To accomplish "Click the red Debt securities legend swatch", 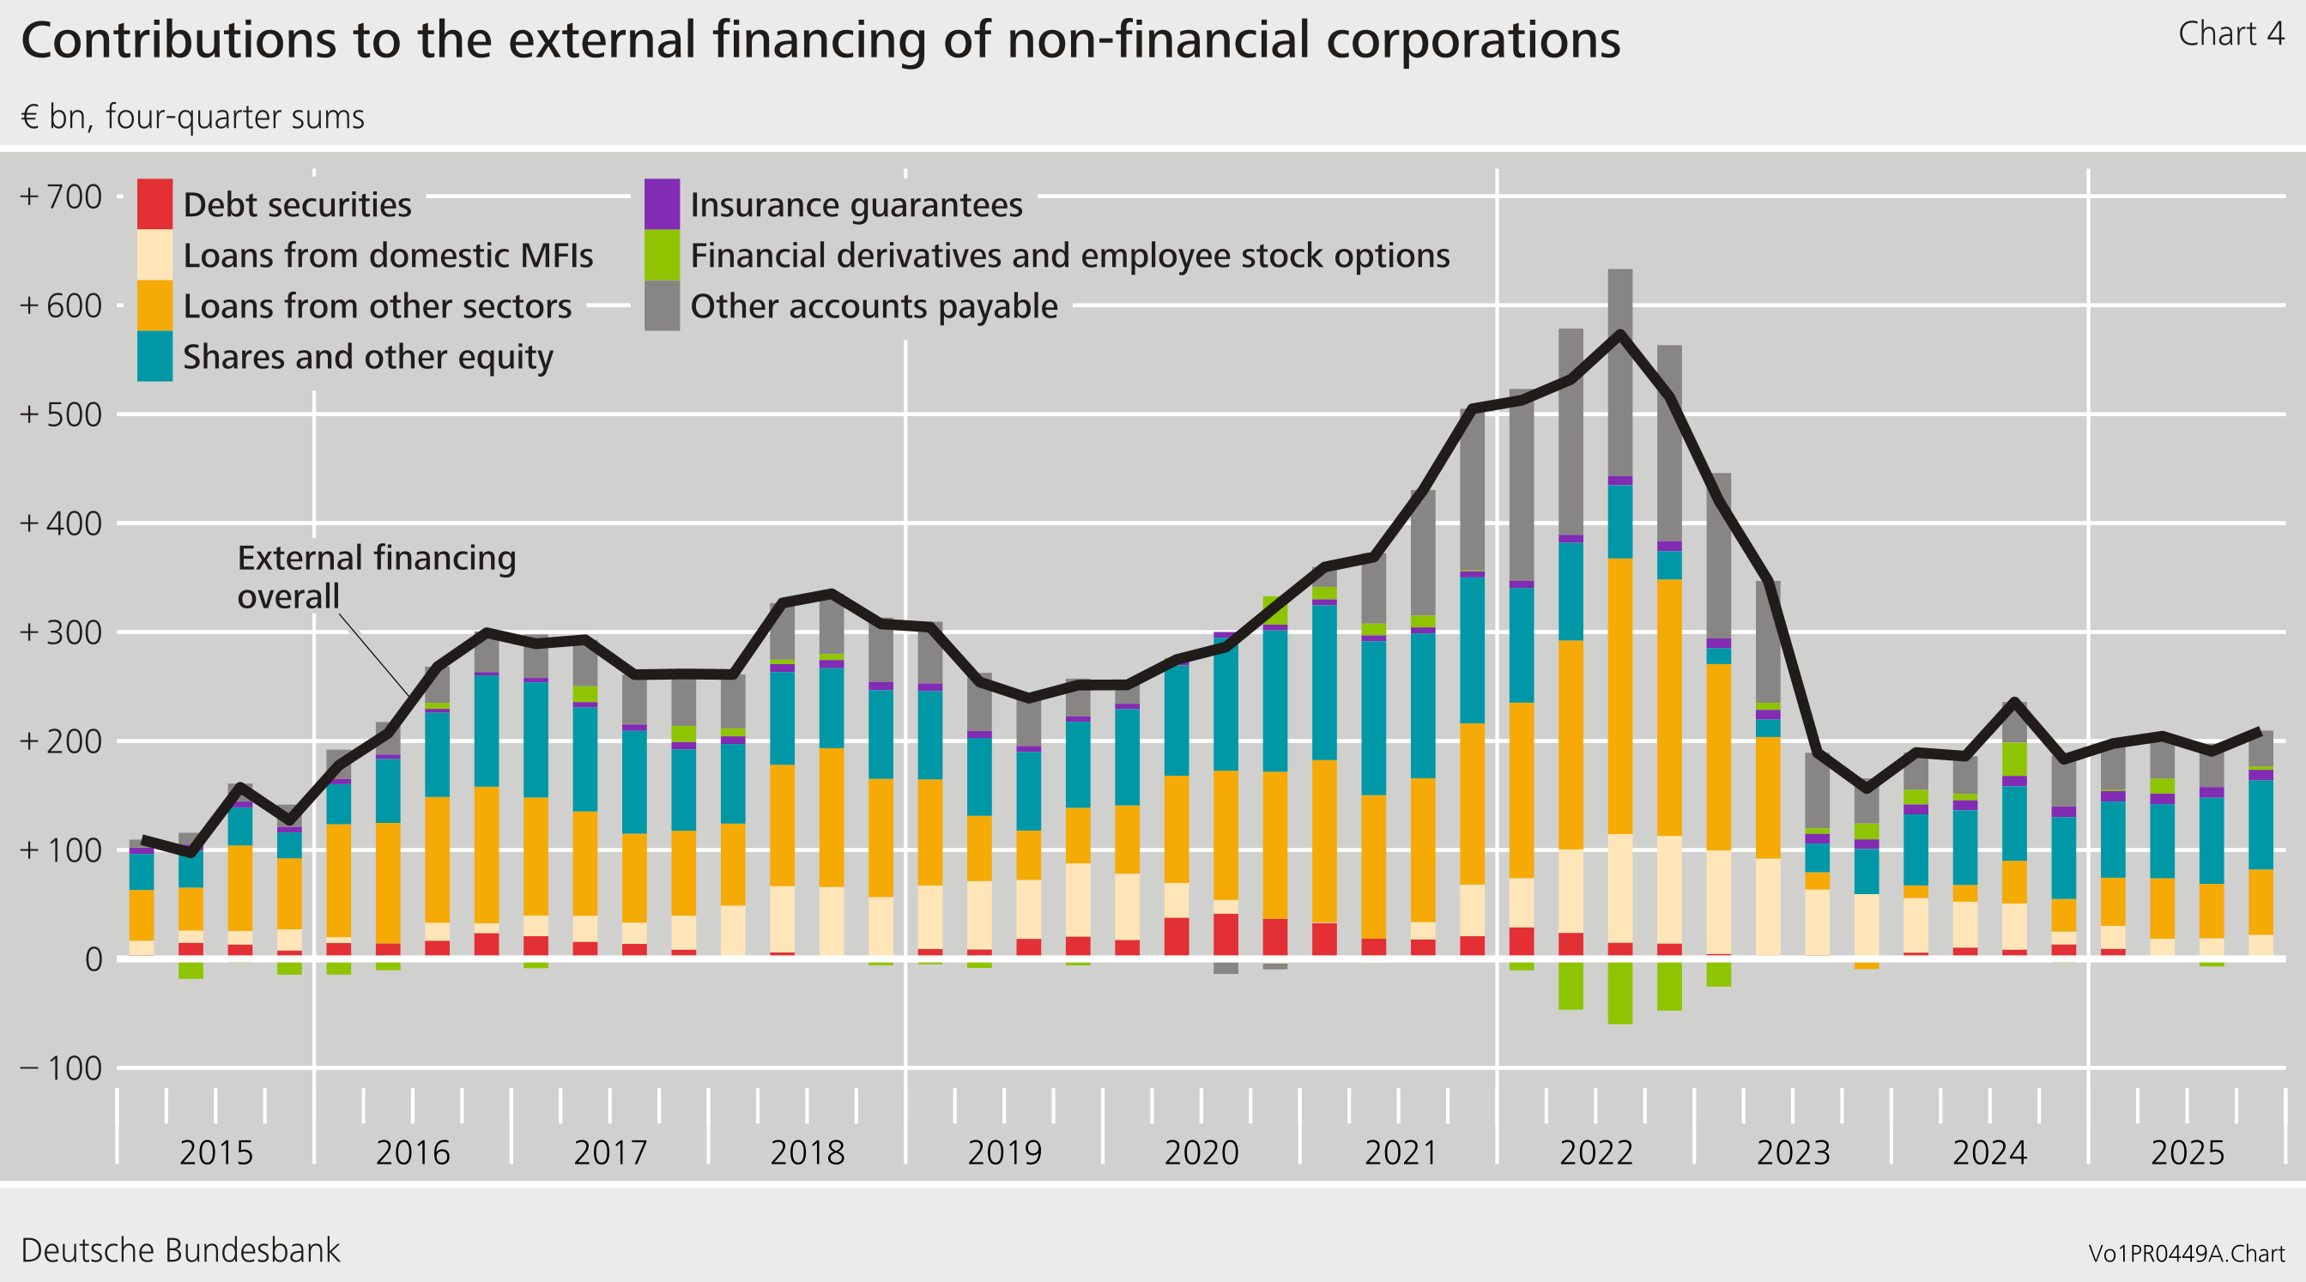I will tap(154, 204).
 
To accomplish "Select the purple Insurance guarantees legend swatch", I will tap(662, 204).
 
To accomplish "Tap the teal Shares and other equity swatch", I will tap(154, 356).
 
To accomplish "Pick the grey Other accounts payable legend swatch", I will tap(662, 306).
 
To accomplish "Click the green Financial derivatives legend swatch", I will tap(662, 255).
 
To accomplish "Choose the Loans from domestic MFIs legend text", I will tap(388, 256).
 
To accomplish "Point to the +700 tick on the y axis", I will tap(61, 197).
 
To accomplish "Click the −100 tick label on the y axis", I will tap(61, 1068).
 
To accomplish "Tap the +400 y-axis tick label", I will tap(61, 523).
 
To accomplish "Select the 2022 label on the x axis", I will tap(1596, 1152).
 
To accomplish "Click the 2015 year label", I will tap(215, 1152).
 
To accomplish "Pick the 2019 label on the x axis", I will tap(1004, 1152).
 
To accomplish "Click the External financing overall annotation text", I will tap(376, 577).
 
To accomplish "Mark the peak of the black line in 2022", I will tap(1620, 333).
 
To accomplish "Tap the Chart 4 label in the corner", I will tap(2230, 34).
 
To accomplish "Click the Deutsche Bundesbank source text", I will tap(180, 1249).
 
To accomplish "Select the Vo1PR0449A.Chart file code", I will tap(2186, 1254).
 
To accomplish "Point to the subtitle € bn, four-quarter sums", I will tap(192, 118).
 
